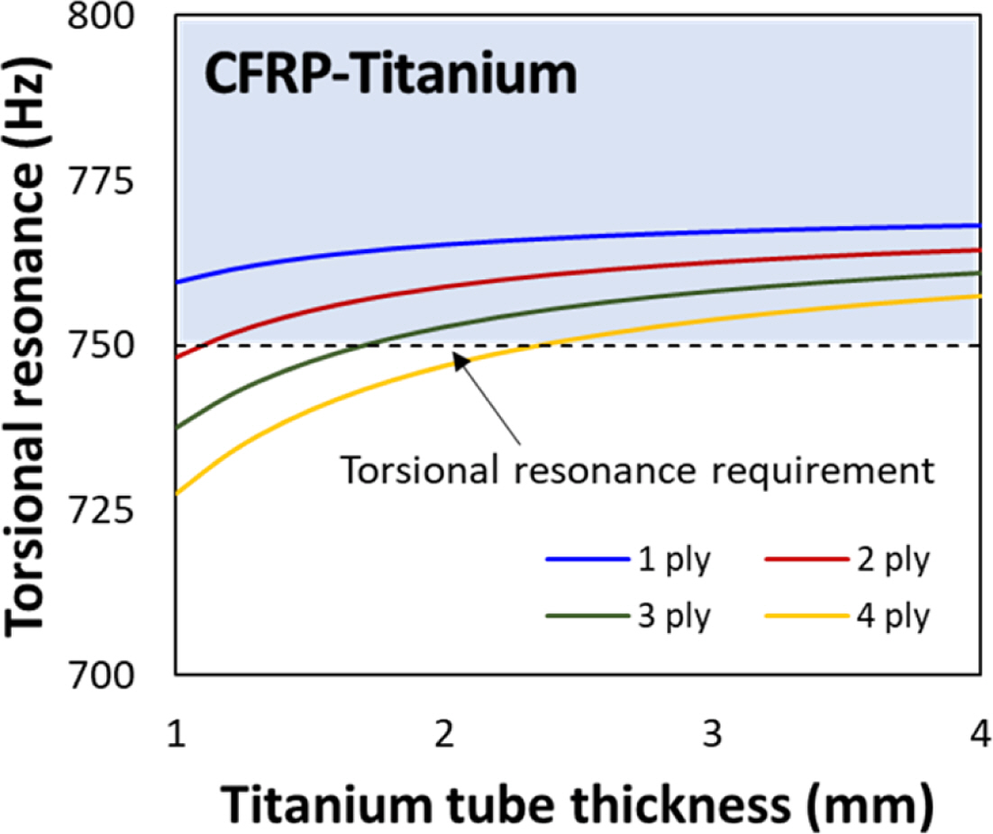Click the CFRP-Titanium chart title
point(389,74)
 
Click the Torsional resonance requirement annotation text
point(634,470)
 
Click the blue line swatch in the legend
point(587,559)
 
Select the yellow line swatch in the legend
point(805,617)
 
